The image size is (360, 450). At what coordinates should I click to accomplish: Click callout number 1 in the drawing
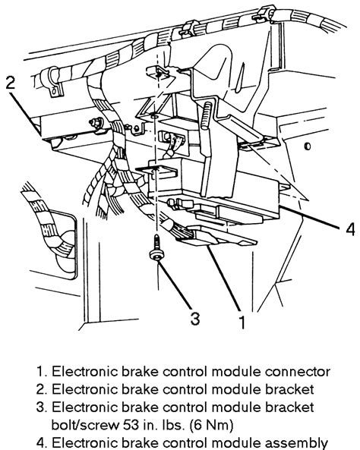tap(241, 323)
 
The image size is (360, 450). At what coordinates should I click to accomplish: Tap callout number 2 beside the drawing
tap(10, 83)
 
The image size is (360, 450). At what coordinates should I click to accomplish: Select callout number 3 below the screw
tap(195, 319)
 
